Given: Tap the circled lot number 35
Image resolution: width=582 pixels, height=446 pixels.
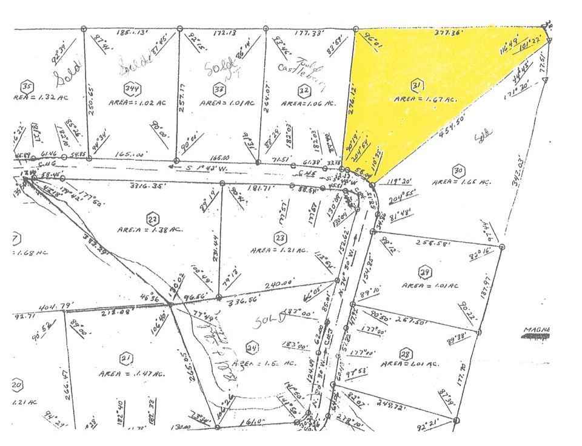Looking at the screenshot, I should click(x=26, y=85).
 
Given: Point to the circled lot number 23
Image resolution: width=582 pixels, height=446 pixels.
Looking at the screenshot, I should click(x=279, y=237).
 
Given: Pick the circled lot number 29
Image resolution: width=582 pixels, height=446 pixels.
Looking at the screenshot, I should click(x=424, y=271).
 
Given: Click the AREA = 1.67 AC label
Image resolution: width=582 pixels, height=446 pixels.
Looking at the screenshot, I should click(x=424, y=99).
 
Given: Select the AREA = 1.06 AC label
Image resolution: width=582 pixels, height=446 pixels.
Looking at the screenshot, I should click(x=308, y=104).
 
